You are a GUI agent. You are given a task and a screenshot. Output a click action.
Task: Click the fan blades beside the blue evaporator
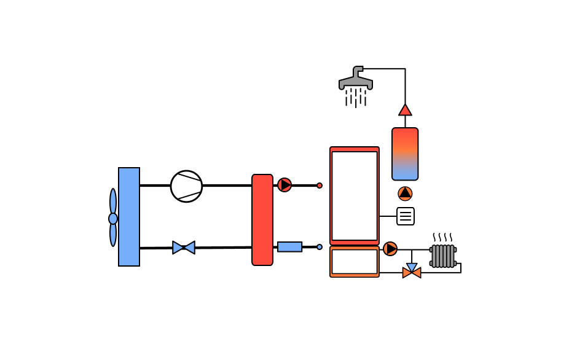click(x=113, y=217)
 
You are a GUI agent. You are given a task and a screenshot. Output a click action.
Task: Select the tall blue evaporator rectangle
click(x=129, y=217)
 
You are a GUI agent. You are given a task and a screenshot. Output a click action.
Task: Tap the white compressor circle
click(x=186, y=186)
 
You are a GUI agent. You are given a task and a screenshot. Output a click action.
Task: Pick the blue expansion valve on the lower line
click(x=184, y=248)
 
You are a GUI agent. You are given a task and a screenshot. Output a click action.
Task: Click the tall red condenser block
click(x=262, y=220)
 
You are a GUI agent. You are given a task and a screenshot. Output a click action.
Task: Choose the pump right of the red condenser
click(x=284, y=185)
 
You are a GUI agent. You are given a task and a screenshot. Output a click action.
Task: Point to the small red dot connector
click(x=320, y=186)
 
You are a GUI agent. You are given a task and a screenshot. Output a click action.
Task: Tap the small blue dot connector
click(x=320, y=247)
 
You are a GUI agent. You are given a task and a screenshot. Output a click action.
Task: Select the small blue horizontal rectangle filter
click(x=289, y=247)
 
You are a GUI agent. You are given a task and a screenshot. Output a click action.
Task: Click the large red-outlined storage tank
click(x=355, y=195)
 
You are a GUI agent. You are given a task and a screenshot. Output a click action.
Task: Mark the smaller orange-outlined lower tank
click(x=355, y=262)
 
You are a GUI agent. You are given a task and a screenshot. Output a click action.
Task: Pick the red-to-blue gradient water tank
click(x=405, y=154)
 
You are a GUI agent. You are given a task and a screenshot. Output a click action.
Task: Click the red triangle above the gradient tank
click(x=405, y=110)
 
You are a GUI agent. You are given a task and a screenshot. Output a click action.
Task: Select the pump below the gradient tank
click(x=405, y=194)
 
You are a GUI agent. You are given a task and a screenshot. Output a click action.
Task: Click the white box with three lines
click(x=406, y=216)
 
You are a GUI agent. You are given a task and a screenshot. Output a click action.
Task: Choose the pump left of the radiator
click(x=390, y=249)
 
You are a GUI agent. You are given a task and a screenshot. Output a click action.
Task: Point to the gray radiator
click(x=443, y=256)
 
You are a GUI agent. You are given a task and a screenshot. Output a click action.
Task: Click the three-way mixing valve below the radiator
click(x=412, y=271)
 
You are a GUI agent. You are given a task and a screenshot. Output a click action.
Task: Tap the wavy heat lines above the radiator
click(x=442, y=237)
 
